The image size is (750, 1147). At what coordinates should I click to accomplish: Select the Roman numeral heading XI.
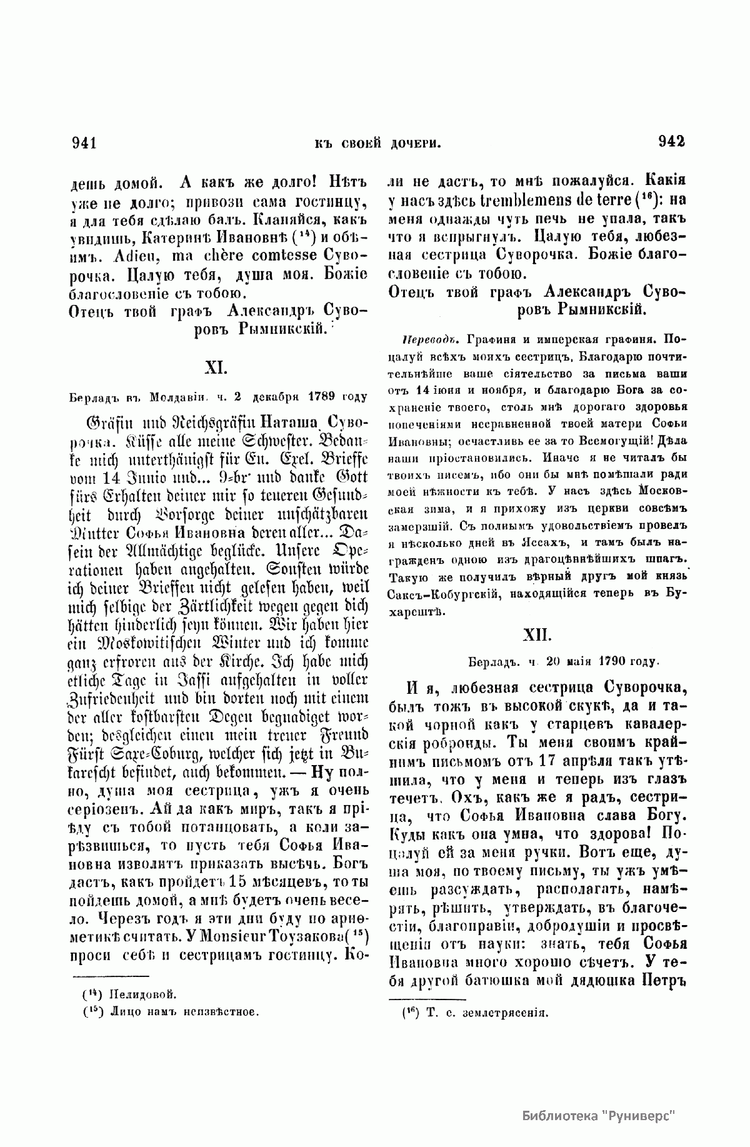pyautogui.click(x=215, y=367)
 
